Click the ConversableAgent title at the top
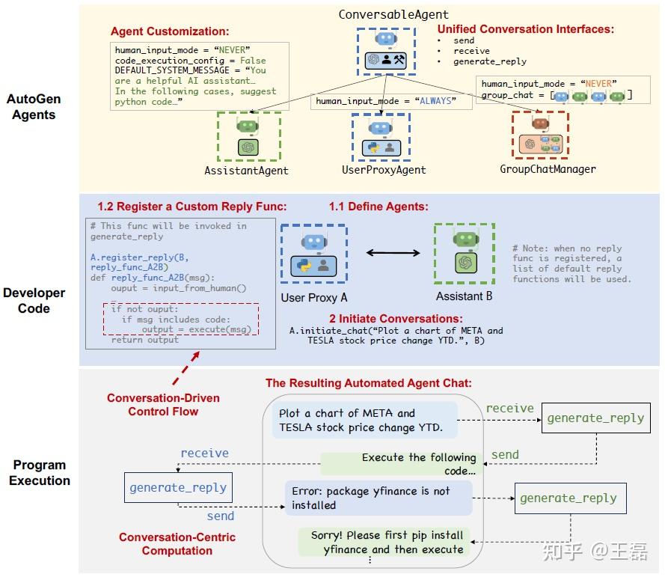click(393, 14)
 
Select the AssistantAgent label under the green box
click(246, 171)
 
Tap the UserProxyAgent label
click(384, 171)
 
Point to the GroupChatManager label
click(548, 169)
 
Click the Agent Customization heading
click(170, 31)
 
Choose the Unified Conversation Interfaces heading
click(525, 29)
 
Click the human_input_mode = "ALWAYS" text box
click(385, 100)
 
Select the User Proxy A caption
click(314, 297)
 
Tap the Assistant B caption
click(465, 296)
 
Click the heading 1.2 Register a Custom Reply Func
click(192, 207)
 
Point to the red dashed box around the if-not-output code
click(182, 320)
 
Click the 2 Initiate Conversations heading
click(396, 318)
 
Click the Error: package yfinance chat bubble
click(378, 498)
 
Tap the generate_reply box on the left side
click(177, 488)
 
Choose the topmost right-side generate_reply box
click(595, 418)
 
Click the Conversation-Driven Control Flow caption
click(163, 404)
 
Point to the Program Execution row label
click(40, 472)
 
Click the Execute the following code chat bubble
click(402, 464)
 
